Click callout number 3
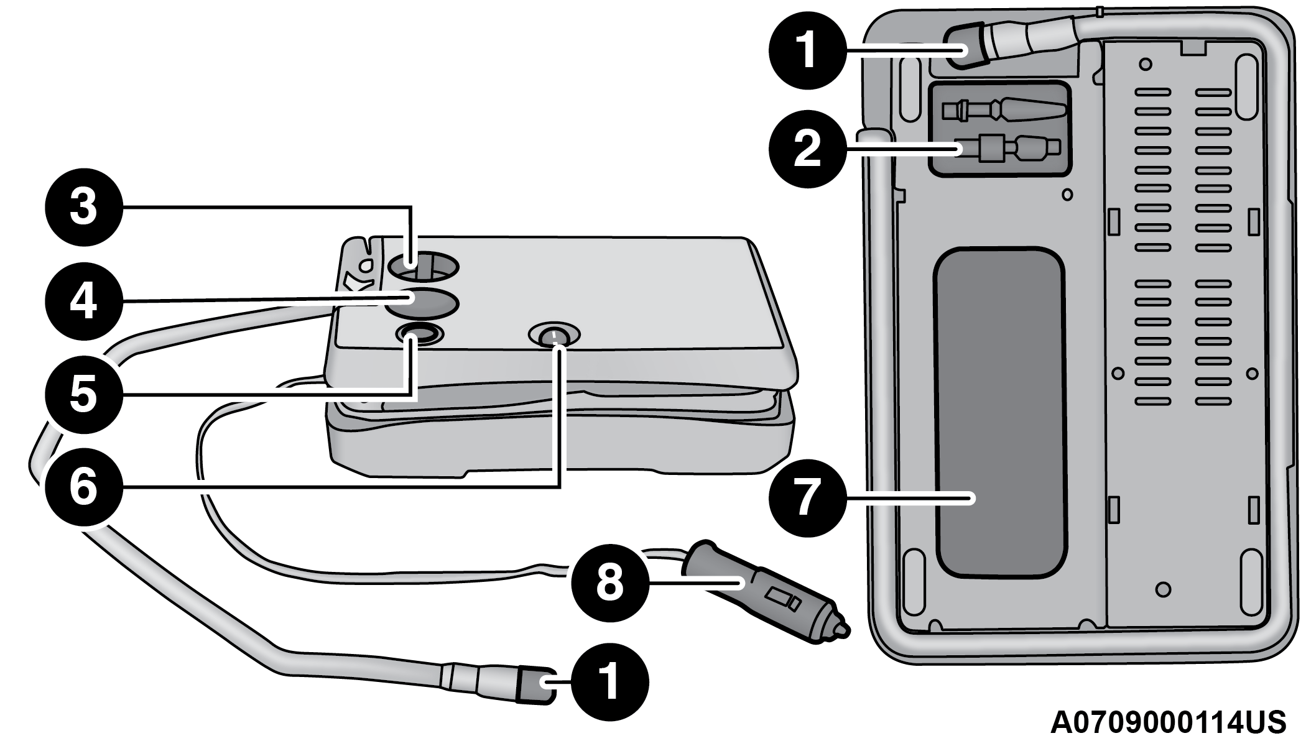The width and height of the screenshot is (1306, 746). [83, 206]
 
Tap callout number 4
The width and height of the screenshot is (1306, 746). [83, 301]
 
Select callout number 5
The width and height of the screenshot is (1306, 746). [83, 393]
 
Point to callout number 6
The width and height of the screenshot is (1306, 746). [83, 487]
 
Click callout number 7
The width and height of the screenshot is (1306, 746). [807, 497]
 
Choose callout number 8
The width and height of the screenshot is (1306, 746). [609, 583]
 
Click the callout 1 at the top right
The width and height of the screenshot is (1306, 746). [807, 50]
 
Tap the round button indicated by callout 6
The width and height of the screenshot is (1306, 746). [553, 336]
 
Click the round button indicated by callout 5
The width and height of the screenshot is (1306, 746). [420, 334]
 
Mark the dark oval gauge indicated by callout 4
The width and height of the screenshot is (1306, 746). [420, 303]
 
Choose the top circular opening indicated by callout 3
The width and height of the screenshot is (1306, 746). [423, 266]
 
